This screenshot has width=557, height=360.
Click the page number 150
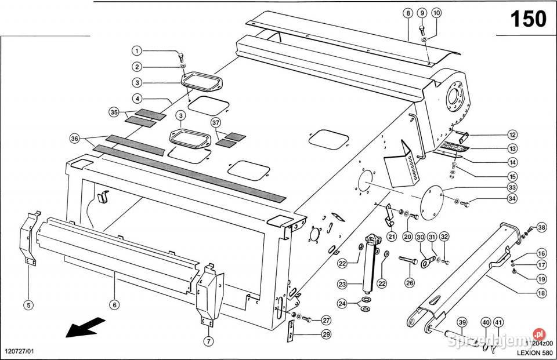point(527,19)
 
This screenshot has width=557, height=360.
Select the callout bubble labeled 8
point(408,13)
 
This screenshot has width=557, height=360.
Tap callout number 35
point(114,111)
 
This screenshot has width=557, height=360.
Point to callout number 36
point(74,139)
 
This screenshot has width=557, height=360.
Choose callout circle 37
point(216,123)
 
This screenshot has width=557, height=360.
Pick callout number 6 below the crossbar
point(114,304)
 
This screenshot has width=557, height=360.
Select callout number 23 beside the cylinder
point(342,285)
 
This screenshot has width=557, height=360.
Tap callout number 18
point(541,294)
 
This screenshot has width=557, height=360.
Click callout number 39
point(462,322)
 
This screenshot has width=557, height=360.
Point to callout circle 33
point(511,188)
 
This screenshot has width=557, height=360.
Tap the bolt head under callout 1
point(181,56)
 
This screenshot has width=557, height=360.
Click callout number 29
point(325,334)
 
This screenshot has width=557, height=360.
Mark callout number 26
point(410,283)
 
